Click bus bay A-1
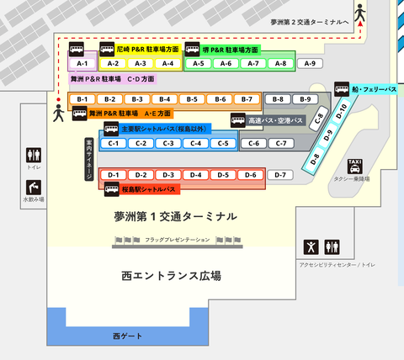[x=82, y=64]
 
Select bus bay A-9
[x=310, y=64]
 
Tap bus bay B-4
[x=165, y=99]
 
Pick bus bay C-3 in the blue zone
[x=168, y=143]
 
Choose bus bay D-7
[x=281, y=175]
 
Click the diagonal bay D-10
[x=342, y=110]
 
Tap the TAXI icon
[x=355, y=166]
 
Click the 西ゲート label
[x=129, y=336]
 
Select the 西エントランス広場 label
[x=171, y=275]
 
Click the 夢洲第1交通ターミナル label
[x=175, y=216]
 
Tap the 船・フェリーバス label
[x=373, y=88]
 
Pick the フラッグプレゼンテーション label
[x=177, y=241]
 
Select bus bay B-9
[x=306, y=99]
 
